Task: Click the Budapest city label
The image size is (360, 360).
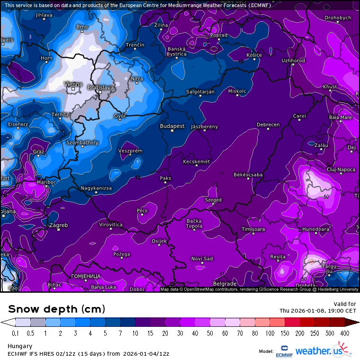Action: point(172,126)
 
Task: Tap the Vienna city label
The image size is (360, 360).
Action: point(73,84)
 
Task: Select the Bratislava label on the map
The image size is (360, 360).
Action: point(101,88)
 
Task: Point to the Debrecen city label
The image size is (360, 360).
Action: point(268,125)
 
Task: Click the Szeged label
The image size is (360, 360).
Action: point(213,200)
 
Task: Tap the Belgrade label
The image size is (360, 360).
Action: point(225,284)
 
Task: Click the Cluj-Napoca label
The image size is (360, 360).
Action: point(341,169)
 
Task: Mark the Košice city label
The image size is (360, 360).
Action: point(254,55)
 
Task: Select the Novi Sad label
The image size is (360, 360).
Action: point(202,258)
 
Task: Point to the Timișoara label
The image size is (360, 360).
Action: point(253,229)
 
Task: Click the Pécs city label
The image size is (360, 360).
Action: point(142,210)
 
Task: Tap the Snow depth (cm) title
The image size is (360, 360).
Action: point(56,309)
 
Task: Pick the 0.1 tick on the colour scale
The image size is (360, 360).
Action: point(15,333)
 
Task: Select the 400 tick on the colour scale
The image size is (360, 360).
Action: point(345,333)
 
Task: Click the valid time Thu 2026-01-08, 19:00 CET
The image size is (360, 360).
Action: point(317,311)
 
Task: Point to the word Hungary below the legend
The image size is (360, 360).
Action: point(19,346)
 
